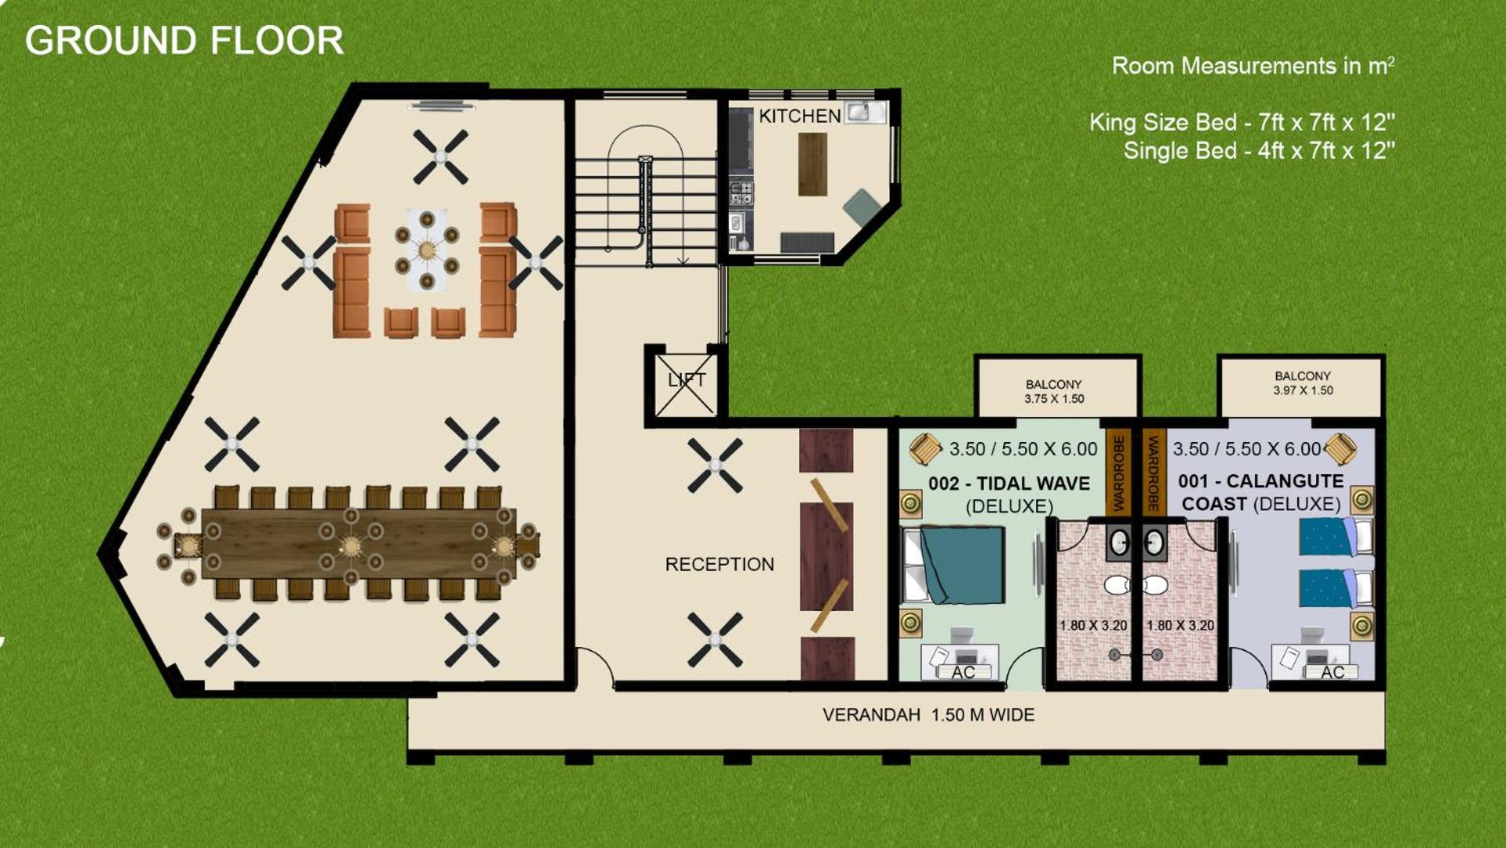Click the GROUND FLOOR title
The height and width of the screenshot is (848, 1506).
click(x=184, y=41)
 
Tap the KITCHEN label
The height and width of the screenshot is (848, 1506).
click(x=800, y=116)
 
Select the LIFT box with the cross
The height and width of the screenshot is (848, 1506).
click(x=685, y=385)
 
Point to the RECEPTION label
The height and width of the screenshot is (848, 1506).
click(x=720, y=564)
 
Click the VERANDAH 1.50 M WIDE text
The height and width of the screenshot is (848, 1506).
click(x=928, y=715)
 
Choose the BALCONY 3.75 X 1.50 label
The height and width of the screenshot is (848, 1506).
click(x=1054, y=391)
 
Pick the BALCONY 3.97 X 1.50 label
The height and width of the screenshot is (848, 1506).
click(x=1303, y=383)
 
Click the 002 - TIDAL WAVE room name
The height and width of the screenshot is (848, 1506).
click(x=1009, y=484)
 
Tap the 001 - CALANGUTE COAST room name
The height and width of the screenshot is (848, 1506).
click(x=1261, y=492)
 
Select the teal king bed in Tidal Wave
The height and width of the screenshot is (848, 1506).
click(x=962, y=565)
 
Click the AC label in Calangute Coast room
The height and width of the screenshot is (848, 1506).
click(x=1333, y=672)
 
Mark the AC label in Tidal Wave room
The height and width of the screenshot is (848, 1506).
click(x=963, y=672)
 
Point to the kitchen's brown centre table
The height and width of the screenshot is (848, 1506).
click(x=813, y=164)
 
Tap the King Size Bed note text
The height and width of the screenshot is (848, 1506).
click(x=1242, y=122)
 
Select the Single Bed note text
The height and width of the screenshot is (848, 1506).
click(x=1259, y=150)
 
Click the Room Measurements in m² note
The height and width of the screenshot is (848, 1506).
click(x=1253, y=65)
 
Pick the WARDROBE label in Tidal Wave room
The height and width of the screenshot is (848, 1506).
click(x=1118, y=472)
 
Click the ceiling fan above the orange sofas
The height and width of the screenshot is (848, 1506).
click(x=440, y=157)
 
